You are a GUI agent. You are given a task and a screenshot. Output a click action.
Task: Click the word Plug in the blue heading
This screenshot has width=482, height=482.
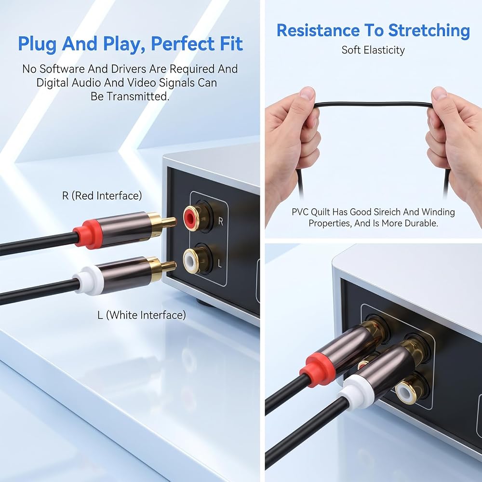click(x=37, y=44)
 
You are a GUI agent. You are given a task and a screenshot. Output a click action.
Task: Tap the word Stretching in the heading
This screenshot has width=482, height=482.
click(x=429, y=31)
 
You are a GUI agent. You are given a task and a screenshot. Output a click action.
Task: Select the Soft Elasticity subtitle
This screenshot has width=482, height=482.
click(x=373, y=50)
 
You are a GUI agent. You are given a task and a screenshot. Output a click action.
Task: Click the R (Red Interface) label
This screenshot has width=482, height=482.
click(x=102, y=196)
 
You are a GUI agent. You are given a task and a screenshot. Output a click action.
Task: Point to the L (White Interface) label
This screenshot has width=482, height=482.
click(x=142, y=315)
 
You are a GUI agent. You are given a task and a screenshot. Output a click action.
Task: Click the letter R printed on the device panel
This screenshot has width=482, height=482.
click(x=220, y=221)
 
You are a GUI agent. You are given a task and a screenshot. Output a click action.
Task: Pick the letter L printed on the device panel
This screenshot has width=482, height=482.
click(x=219, y=263)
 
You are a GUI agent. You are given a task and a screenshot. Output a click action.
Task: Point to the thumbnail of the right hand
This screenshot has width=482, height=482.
click(x=439, y=93)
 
